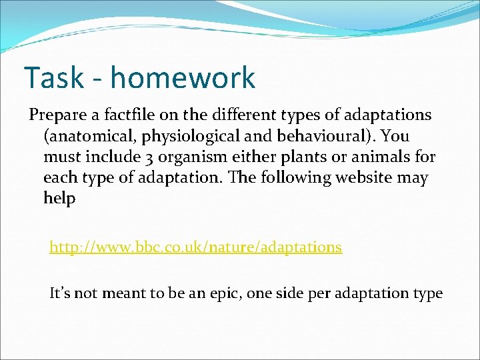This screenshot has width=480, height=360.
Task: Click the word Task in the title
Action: [x=57, y=77]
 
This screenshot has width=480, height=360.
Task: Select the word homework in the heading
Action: [x=183, y=77]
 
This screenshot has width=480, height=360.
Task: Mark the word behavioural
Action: [x=311, y=136]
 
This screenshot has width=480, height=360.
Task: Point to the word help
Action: [x=59, y=199]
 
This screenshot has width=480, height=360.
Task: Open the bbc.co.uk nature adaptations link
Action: [x=195, y=247]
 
